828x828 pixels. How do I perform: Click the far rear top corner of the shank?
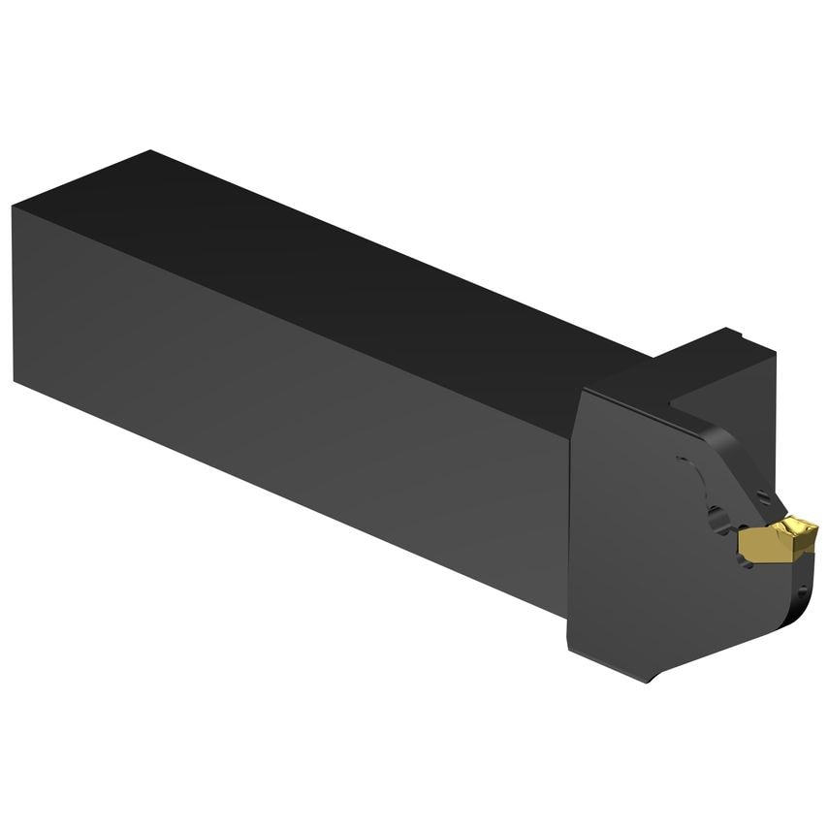(149, 151)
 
